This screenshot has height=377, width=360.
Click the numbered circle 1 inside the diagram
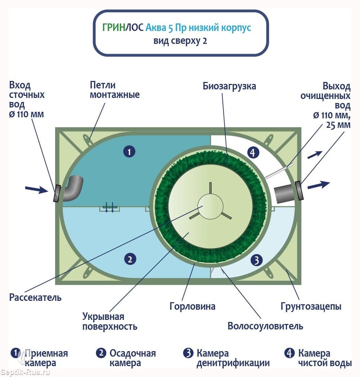point(129,152)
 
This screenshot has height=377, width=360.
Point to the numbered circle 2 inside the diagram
point(130,259)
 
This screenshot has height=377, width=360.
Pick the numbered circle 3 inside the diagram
point(257,260)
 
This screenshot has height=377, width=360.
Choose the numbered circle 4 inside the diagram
point(252,153)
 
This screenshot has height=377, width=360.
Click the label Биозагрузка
point(229,86)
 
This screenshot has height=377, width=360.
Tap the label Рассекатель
point(35,297)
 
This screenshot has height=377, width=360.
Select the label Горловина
point(193,306)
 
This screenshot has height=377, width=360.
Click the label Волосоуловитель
point(265,326)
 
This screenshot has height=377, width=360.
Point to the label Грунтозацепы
point(311,306)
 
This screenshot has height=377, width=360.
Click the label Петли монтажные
point(115,89)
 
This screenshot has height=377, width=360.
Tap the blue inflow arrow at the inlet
point(37,189)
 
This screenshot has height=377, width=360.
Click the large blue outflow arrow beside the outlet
point(318,185)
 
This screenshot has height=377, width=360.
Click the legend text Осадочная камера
point(132,358)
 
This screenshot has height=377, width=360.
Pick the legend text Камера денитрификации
point(233,358)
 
